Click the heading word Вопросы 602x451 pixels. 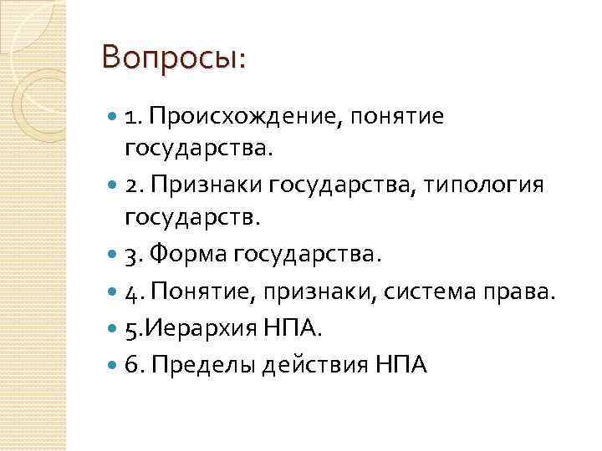click(x=171, y=58)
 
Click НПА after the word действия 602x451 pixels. click(x=396, y=364)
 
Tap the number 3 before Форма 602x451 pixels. click(x=132, y=254)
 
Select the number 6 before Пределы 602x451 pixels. click(x=132, y=364)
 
